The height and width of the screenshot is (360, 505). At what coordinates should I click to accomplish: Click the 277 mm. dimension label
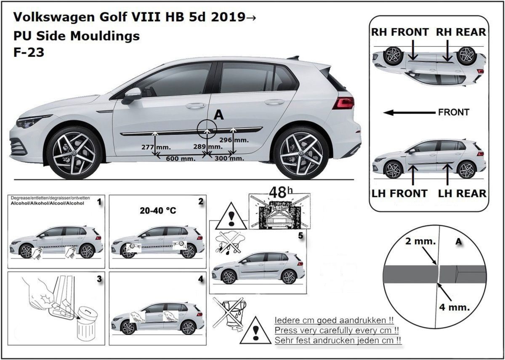[153, 147]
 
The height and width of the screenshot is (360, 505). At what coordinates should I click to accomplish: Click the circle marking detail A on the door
[207, 129]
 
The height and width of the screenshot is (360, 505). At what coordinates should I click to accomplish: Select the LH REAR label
[462, 193]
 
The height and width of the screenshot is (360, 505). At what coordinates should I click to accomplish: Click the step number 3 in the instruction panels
[99, 279]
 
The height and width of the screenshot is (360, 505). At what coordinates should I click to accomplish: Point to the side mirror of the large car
[132, 95]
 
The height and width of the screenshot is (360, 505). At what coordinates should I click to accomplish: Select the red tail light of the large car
[343, 103]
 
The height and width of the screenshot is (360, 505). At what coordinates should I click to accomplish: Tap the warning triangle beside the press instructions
[256, 330]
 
